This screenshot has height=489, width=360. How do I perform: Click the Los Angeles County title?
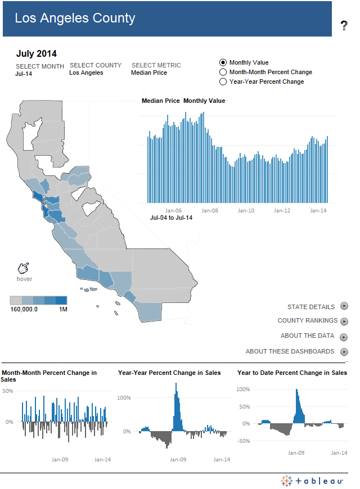click(x=75, y=19)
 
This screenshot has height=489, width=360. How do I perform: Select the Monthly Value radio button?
click(x=223, y=63)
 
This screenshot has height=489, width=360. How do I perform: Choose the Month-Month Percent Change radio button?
click(x=223, y=73)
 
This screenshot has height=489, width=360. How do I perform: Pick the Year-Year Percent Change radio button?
click(x=223, y=82)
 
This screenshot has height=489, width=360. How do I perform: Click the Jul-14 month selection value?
click(x=23, y=73)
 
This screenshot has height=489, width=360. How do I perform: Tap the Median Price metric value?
click(x=148, y=73)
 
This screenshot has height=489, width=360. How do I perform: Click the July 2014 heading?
click(x=36, y=54)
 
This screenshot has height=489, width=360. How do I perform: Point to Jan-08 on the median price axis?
click(x=209, y=211)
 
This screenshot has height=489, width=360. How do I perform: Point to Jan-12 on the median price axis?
click(x=282, y=211)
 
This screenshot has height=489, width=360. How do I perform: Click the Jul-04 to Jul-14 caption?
click(x=171, y=218)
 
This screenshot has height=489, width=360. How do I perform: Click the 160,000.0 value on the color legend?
click(x=24, y=309)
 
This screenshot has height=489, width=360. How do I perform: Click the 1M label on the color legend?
click(x=63, y=309)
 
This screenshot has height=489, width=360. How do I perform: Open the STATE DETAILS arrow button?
click(x=344, y=306)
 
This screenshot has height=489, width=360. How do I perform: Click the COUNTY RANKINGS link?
click(x=307, y=321)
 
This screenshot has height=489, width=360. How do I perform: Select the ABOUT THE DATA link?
click(x=307, y=336)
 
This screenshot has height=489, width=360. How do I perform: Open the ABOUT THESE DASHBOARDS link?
click(x=290, y=351)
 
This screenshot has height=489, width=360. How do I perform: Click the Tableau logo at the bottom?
click(x=312, y=481)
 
